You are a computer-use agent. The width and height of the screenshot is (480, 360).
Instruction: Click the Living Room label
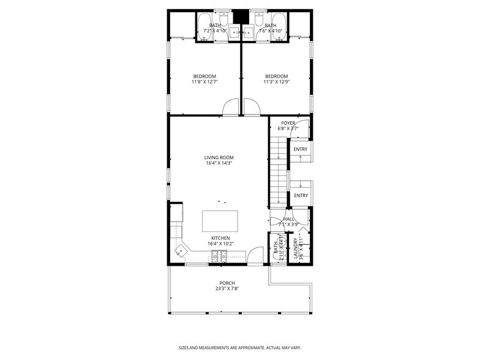coord(219,157)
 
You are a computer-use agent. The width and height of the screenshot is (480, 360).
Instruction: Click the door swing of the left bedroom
coord(231,108)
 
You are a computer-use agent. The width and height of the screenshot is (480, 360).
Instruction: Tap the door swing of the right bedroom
coord(252,108)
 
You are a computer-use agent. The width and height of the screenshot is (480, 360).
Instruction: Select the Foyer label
coord(288,123)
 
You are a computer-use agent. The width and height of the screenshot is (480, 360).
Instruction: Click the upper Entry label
coord(300,149)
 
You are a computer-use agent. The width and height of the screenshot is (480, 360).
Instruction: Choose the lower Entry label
coord(300,195)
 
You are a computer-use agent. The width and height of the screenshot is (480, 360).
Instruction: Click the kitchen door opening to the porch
coord(255,256)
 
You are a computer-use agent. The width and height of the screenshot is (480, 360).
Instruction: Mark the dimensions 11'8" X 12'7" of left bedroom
coord(204,81)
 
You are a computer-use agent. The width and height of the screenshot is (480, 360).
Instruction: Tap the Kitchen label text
coord(220,238)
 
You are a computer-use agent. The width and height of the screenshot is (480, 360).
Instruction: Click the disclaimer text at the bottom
coord(239,348)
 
